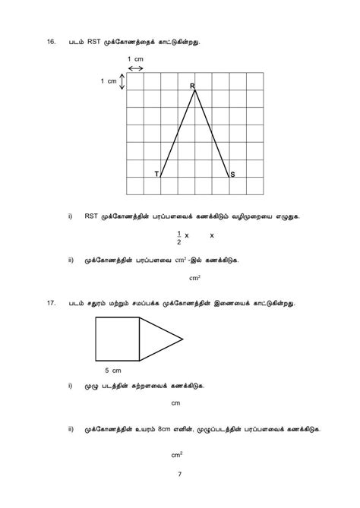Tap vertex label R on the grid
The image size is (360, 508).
coord(192,87)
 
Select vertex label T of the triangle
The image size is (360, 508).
coord(156,175)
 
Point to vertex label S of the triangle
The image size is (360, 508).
coord(232,175)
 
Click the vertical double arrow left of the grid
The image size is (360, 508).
coord(121,81)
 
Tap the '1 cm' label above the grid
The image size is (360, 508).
coord(135,59)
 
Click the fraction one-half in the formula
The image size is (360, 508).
coord(178,238)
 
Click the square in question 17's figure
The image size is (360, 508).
coord(118,339)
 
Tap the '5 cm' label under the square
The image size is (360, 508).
coord(112,371)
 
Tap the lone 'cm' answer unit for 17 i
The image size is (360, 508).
coord(175,403)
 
